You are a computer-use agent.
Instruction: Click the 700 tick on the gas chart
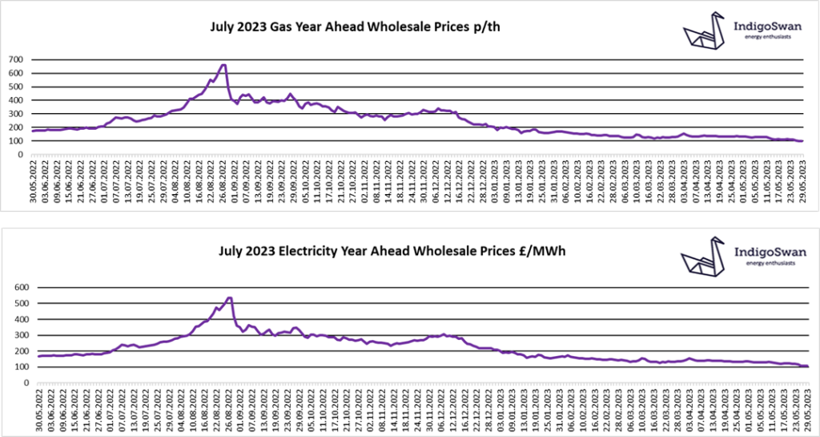[15, 59]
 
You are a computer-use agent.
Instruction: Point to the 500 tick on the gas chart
[15, 87]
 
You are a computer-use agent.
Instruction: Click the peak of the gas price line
[223, 65]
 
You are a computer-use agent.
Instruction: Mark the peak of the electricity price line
[230, 298]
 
